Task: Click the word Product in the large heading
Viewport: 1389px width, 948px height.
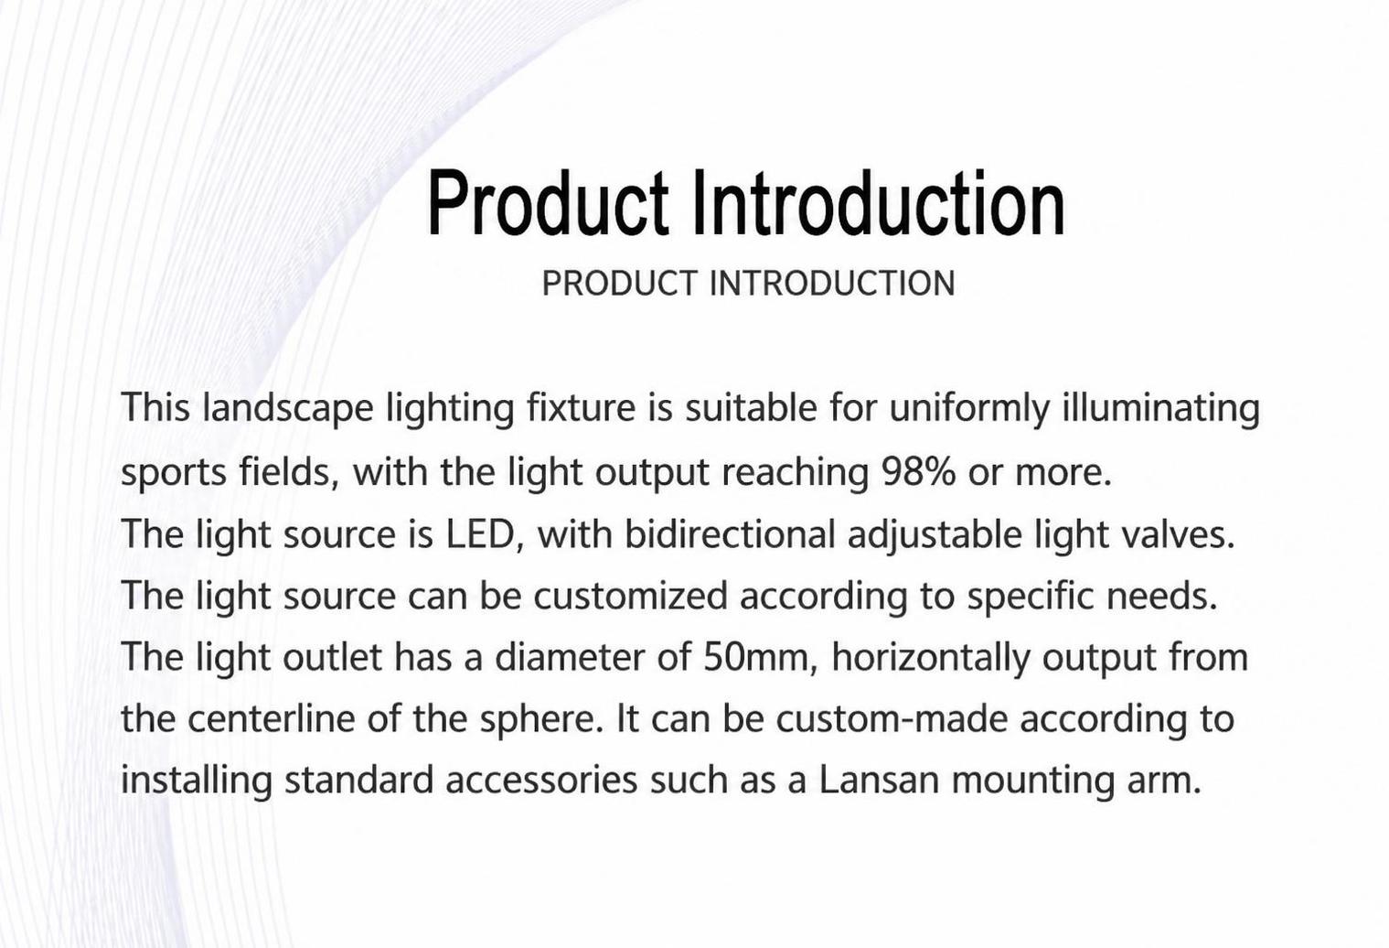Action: pyautogui.click(x=548, y=203)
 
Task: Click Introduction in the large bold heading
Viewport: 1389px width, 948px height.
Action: pyautogui.click(x=878, y=203)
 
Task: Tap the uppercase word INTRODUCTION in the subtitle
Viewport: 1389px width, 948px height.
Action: pyautogui.click(x=831, y=284)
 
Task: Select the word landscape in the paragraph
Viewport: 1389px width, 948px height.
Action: pyautogui.click(x=288, y=409)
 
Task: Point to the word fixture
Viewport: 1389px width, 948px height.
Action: pyautogui.click(x=581, y=407)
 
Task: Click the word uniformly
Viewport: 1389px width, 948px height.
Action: pyautogui.click(x=969, y=409)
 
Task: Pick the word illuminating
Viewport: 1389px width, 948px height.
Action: pyautogui.click(x=1160, y=409)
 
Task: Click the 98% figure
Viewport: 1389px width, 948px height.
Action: pyautogui.click(x=918, y=472)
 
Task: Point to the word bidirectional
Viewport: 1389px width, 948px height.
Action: pyautogui.click(x=730, y=533)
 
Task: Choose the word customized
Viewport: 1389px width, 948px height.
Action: pyautogui.click(x=630, y=596)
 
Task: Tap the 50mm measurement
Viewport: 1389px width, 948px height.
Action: pyautogui.click(x=761, y=657)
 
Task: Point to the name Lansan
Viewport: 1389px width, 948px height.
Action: pyautogui.click(x=880, y=780)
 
